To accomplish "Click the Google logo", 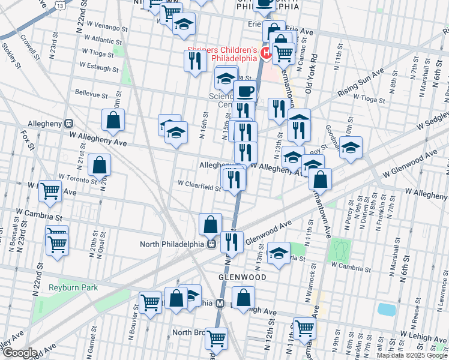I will click(19, 353).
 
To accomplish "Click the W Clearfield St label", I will click(200, 187).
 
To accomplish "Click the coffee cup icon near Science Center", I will click(245, 92).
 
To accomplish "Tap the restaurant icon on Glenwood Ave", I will click(231, 241).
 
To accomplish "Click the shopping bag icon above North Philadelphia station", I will click(211, 224).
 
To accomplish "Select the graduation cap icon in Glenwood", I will click(278, 253).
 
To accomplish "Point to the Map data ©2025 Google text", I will click(412, 355).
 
